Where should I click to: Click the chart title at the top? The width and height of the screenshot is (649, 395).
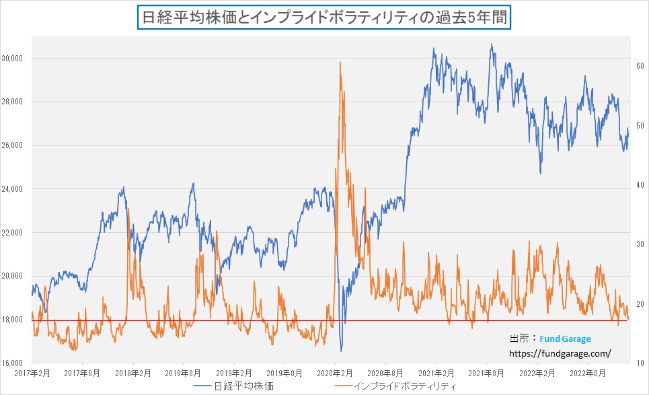pyautogui.click(x=325, y=16)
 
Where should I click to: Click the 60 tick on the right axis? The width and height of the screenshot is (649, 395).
pyautogui.click(x=641, y=66)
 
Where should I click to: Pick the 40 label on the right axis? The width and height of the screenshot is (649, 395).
pyautogui.click(x=641, y=185)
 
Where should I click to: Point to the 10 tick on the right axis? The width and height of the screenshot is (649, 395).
pyautogui.click(x=641, y=363)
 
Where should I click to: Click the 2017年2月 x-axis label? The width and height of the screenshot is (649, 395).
pyautogui.click(x=32, y=372)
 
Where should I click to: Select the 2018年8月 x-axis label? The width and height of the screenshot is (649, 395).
pyautogui.click(x=184, y=372)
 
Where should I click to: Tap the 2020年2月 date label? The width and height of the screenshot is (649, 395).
pyautogui.click(x=336, y=372)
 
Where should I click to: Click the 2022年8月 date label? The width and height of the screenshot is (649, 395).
pyautogui.click(x=588, y=372)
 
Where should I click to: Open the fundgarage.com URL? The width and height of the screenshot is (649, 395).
pyautogui.click(x=560, y=353)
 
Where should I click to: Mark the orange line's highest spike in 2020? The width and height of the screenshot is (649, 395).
pyautogui.click(x=340, y=63)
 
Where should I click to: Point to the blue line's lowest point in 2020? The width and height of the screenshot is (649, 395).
pyautogui.click(x=341, y=350)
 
